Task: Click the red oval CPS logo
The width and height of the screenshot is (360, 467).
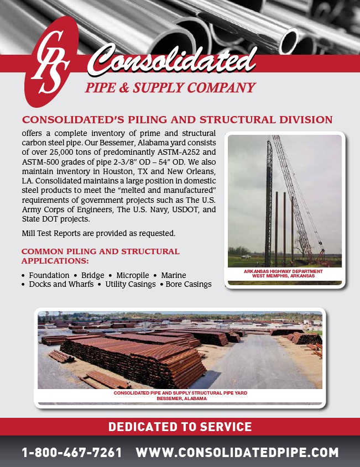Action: click(50, 62)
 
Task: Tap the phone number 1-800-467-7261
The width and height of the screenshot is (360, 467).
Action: click(72, 453)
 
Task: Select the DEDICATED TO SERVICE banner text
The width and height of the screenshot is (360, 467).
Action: click(180, 427)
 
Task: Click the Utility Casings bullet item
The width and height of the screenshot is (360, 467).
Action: click(130, 285)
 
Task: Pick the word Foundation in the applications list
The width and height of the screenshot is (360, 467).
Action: click(49, 275)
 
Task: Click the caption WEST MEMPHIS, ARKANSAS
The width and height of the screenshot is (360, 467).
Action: click(284, 276)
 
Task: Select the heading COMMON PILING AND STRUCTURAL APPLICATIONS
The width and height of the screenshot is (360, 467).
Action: click(100, 256)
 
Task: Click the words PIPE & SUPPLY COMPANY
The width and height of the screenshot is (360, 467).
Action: click(170, 88)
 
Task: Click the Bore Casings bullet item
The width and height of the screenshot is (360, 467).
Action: click(189, 285)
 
